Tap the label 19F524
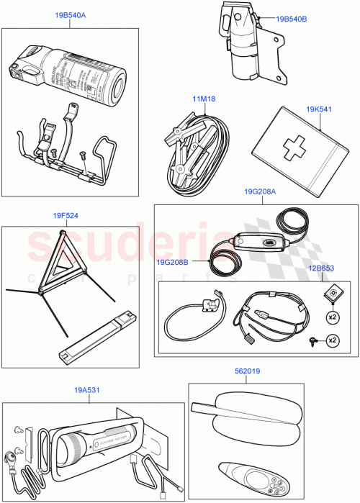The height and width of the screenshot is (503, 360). [x=66, y=214]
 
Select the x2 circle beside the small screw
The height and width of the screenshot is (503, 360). [x=332, y=339]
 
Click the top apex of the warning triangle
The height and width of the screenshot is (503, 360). [x=63, y=232]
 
